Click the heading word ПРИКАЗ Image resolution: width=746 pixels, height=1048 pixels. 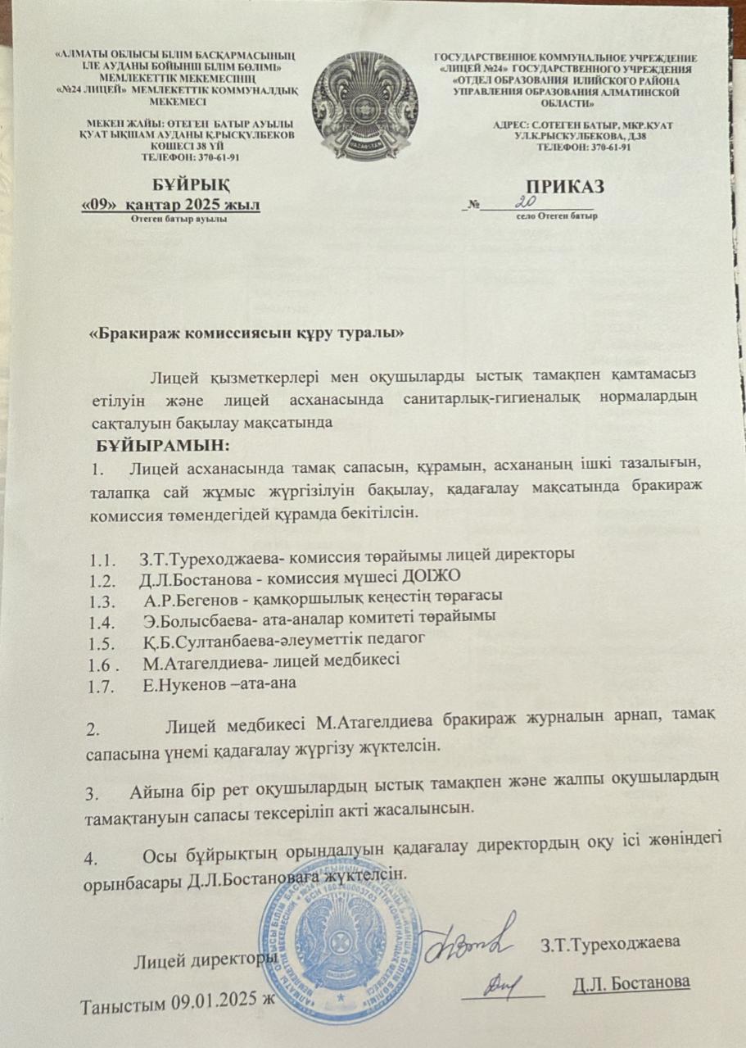click(566, 187)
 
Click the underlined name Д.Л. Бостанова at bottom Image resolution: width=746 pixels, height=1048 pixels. click(631, 982)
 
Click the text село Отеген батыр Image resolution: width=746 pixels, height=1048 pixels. click(556, 216)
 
